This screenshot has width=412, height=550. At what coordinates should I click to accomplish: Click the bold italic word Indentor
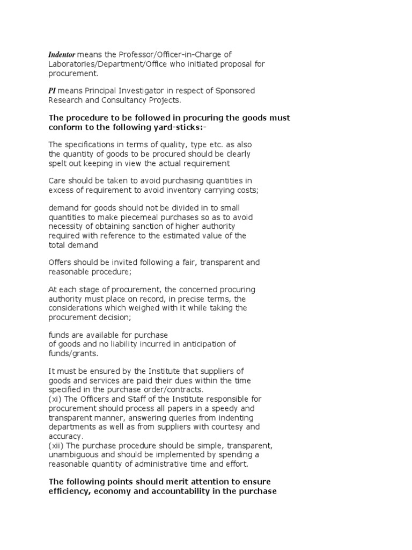pos(63,55)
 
